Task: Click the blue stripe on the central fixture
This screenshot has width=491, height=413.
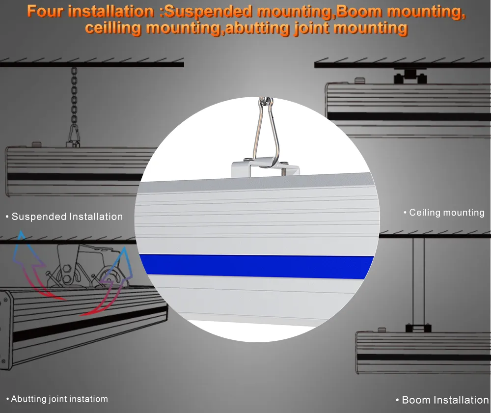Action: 255,266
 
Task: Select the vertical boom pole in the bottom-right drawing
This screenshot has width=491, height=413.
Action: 419,280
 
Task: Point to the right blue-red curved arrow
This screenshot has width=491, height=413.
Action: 110,285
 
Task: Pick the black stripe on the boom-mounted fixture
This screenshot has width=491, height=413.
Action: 422,357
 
